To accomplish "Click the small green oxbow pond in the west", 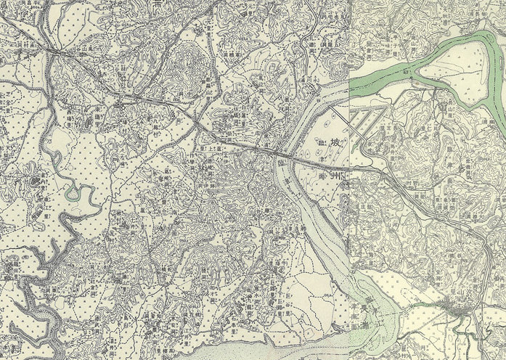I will [x=73, y=194].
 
